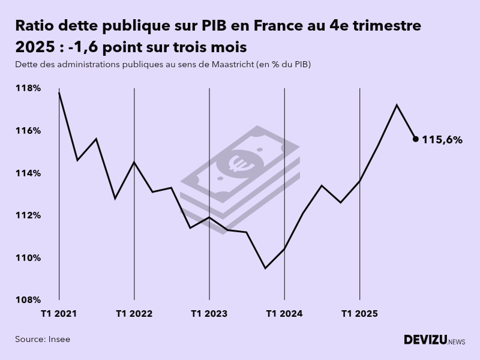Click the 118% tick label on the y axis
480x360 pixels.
pyautogui.click(x=28, y=88)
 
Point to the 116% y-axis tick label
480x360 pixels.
pyautogui.click(x=28, y=131)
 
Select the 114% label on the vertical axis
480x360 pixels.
pyautogui.click(x=28, y=173)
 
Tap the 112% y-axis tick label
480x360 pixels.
pyautogui.click(x=28, y=215)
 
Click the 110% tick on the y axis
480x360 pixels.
pyautogui.click(x=28, y=258)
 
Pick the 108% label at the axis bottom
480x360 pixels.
pyautogui.click(x=28, y=300)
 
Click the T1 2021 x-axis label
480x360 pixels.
pyautogui.click(x=59, y=313)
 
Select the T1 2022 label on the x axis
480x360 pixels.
pyautogui.click(x=134, y=313)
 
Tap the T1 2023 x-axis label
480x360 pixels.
pyautogui.click(x=209, y=313)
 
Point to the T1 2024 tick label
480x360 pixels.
pyautogui.click(x=284, y=313)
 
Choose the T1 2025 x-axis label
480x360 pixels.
pyautogui.click(x=359, y=313)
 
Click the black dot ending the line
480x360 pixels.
pyautogui.click(x=415, y=139)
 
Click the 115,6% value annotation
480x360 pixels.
pyautogui.click(x=442, y=140)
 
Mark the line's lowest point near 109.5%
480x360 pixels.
pyautogui.click(x=265, y=268)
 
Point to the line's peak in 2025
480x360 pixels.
pyautogui.click(x=397, y=105)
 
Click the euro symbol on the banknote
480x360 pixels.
pyautogui.click(x=239, y=162)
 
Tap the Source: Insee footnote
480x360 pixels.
pyautogui.click(x=43, y=339)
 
